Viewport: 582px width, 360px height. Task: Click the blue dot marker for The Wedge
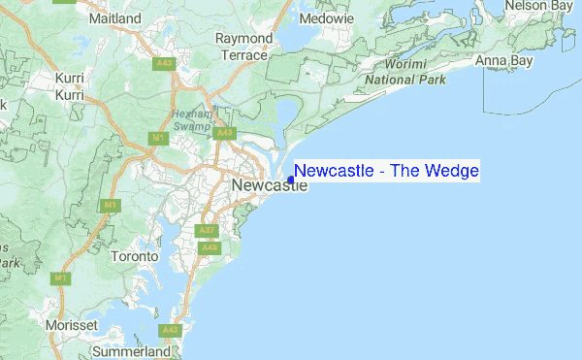pyautogui.click(x=291, y=180)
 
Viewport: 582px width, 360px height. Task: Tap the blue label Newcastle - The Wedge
pyautogui.click(x=386, y=171)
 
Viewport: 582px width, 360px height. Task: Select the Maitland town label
pyautogui.click(x=113, y=17)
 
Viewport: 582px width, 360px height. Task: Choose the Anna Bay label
pyautogui.click(x=504, y=61)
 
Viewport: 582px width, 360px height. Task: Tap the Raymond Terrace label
pyautogui.click(x=242, y=47)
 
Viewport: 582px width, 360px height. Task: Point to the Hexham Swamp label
pyautogui.click(x=190, y=119)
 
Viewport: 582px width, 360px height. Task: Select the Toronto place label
pyautogui.click(x=134, y=256)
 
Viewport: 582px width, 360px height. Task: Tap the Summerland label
pyautogui.click(x=136, y=350)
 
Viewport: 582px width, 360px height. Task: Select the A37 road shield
pyautogui.click(x=206, y=230)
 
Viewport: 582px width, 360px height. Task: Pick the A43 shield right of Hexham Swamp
pyautogui.click(x=225, y=133)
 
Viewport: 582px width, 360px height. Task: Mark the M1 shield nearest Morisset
pyautogui.click(x=61, y=278)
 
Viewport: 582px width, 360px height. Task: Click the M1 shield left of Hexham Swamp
pyautogui.click(x=159, y=139)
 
